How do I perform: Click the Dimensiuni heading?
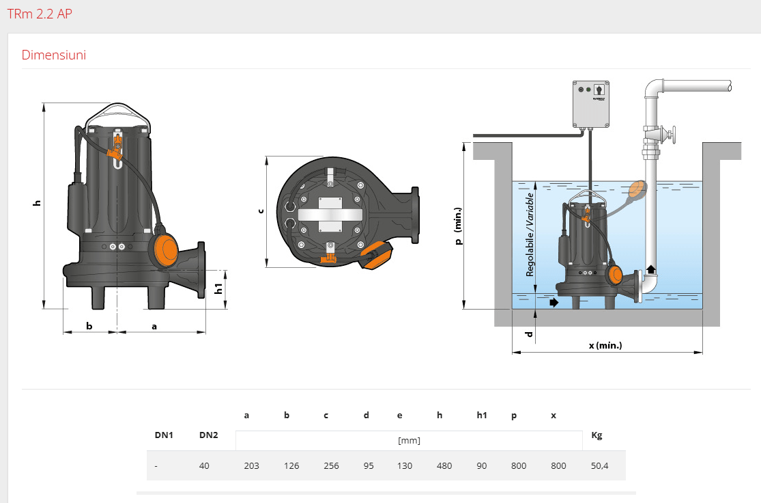[x=54, y=55]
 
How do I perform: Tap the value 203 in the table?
[x=251, y=466]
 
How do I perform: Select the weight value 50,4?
[x=599, y=466]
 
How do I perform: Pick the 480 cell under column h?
[x=444, y=466]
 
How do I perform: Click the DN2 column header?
[x=208, y=435]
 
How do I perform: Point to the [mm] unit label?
[x=409, y=440]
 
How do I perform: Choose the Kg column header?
[x=597, y=435]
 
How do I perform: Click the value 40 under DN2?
[x=204, y=466]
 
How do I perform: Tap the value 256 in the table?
[x=331, y=466]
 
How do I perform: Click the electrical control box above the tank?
[x=590, y=104]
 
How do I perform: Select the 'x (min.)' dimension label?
[x=605, y=346]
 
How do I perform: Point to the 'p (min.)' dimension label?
[x=459, y=226]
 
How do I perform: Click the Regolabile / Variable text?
[x=530, y=234]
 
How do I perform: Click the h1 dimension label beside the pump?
[x=218, y=288]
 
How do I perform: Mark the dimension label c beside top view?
[x=260, y=210]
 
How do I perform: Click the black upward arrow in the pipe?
[x=650, y=269]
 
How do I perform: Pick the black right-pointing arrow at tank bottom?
[x=553, y=301]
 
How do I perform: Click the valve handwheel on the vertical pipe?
[x=673, y=135]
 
